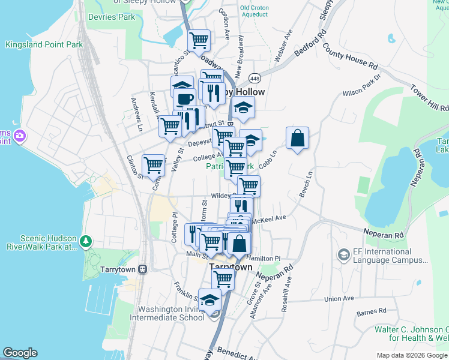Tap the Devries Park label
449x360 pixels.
pyautogui.click(x=111, y=17)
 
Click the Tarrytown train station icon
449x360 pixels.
pyautogui.click(x=142, y=269)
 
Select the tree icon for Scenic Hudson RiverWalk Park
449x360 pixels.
pyautogui.click(x=86, y=241)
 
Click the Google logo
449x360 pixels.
pyautogui.click(x=20, y=353)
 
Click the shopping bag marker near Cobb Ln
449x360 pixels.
pyautogui.click(x=297, y=139)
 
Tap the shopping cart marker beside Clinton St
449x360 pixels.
pyautogui.click(x=154, y=164)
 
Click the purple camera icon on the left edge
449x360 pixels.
pyautogui.click(x=19, y=136)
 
